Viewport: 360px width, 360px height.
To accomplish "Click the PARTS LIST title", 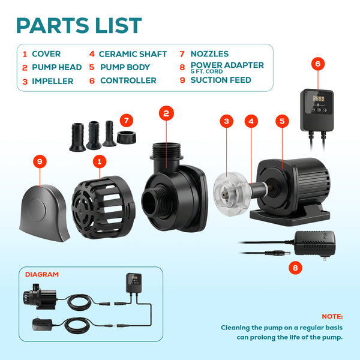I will click(x=79, y=25).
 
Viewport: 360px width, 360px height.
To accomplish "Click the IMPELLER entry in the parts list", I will click(x=52, y=80).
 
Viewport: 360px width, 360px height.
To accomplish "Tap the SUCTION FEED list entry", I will click(x=221, y=80).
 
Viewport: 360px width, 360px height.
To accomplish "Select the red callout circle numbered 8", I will click(x=295, y=268).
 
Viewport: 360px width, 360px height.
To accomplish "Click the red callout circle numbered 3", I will click(x=226, y=121).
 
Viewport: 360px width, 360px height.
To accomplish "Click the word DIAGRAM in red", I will click(x=42, y=274).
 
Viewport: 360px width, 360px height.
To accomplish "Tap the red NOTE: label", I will click(x=332, y=316).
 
